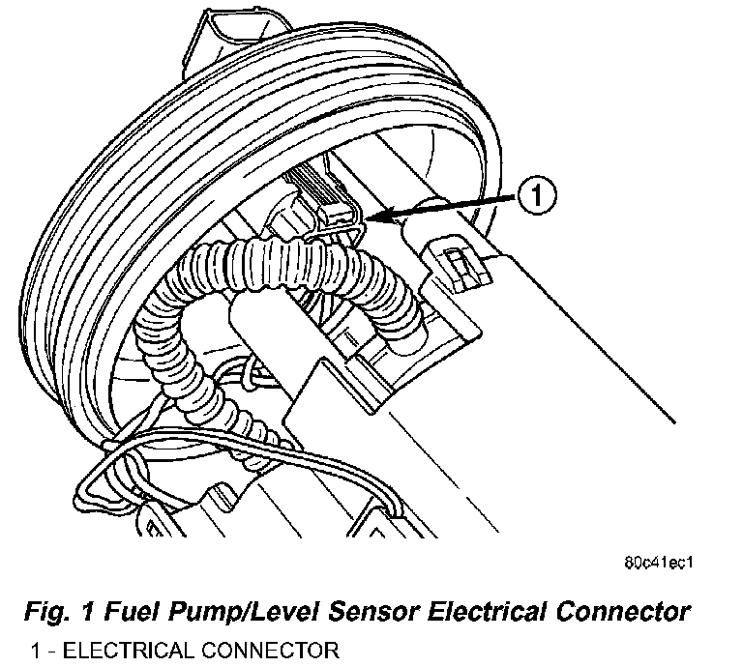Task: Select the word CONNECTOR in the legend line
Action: (270, 651)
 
